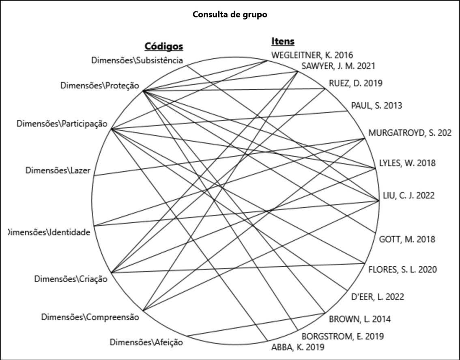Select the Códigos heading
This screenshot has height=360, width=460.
(164, 46)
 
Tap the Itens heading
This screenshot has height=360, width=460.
(283, 41)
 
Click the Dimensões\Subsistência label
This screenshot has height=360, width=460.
(137, 60)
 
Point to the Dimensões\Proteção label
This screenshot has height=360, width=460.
(99, 86)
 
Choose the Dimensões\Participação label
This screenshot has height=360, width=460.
(62, 123)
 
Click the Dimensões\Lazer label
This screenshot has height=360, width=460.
(58, 170)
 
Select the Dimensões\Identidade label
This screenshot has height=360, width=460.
(49, 233)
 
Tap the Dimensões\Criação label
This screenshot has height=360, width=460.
(71, 279)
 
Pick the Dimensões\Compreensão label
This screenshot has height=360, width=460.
(90, 317)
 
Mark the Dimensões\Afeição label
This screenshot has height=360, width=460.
(146, 342)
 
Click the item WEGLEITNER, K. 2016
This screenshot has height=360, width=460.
(312, 55)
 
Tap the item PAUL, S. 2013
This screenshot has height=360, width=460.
(376, 106)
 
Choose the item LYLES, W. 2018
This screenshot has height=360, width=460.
(407, 163)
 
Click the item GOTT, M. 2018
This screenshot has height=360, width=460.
(407, 239)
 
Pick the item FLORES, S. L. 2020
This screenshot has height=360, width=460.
(402, 269)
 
